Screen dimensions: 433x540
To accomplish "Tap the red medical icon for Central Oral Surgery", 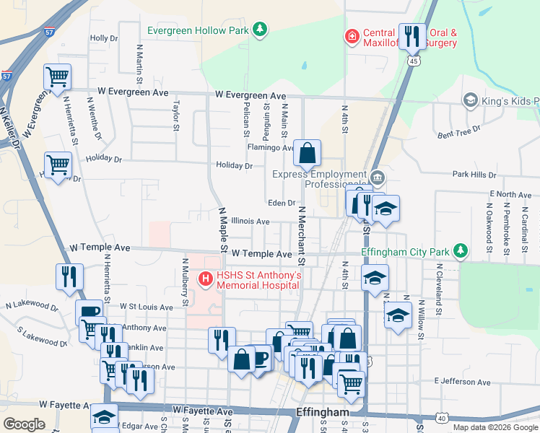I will coord(352,36).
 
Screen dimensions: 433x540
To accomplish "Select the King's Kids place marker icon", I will coord(471,99).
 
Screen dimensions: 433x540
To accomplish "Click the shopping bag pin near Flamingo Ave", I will coord(307,153).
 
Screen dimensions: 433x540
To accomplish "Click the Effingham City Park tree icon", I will coord(459,251).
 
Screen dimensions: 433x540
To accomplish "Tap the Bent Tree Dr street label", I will coord(459,131).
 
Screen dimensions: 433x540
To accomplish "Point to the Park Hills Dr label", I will coord(474,175).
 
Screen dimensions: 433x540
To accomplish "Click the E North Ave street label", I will coord(510,195).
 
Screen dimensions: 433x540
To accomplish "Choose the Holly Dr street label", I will coord(103,38).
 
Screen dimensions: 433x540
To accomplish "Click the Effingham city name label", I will coord(323,412).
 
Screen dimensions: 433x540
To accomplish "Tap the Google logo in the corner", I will coord(25,424).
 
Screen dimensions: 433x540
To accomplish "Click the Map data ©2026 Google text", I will coord(495,427).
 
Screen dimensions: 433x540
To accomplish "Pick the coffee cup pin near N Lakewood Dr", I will coord(89,312).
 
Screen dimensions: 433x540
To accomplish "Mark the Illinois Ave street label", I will coord(250,221).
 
